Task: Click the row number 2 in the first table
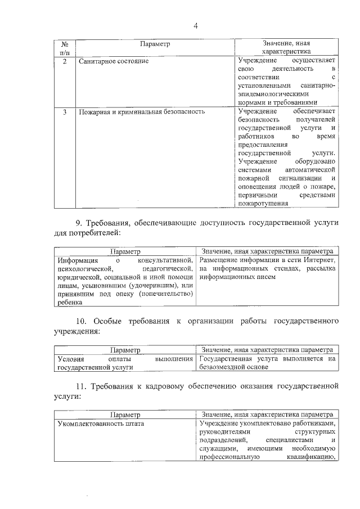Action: tap(65, 61)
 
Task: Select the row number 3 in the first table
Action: tap(65, 112)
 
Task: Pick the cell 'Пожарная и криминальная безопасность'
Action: tap(141, 112)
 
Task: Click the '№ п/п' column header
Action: tap(65, 48)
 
